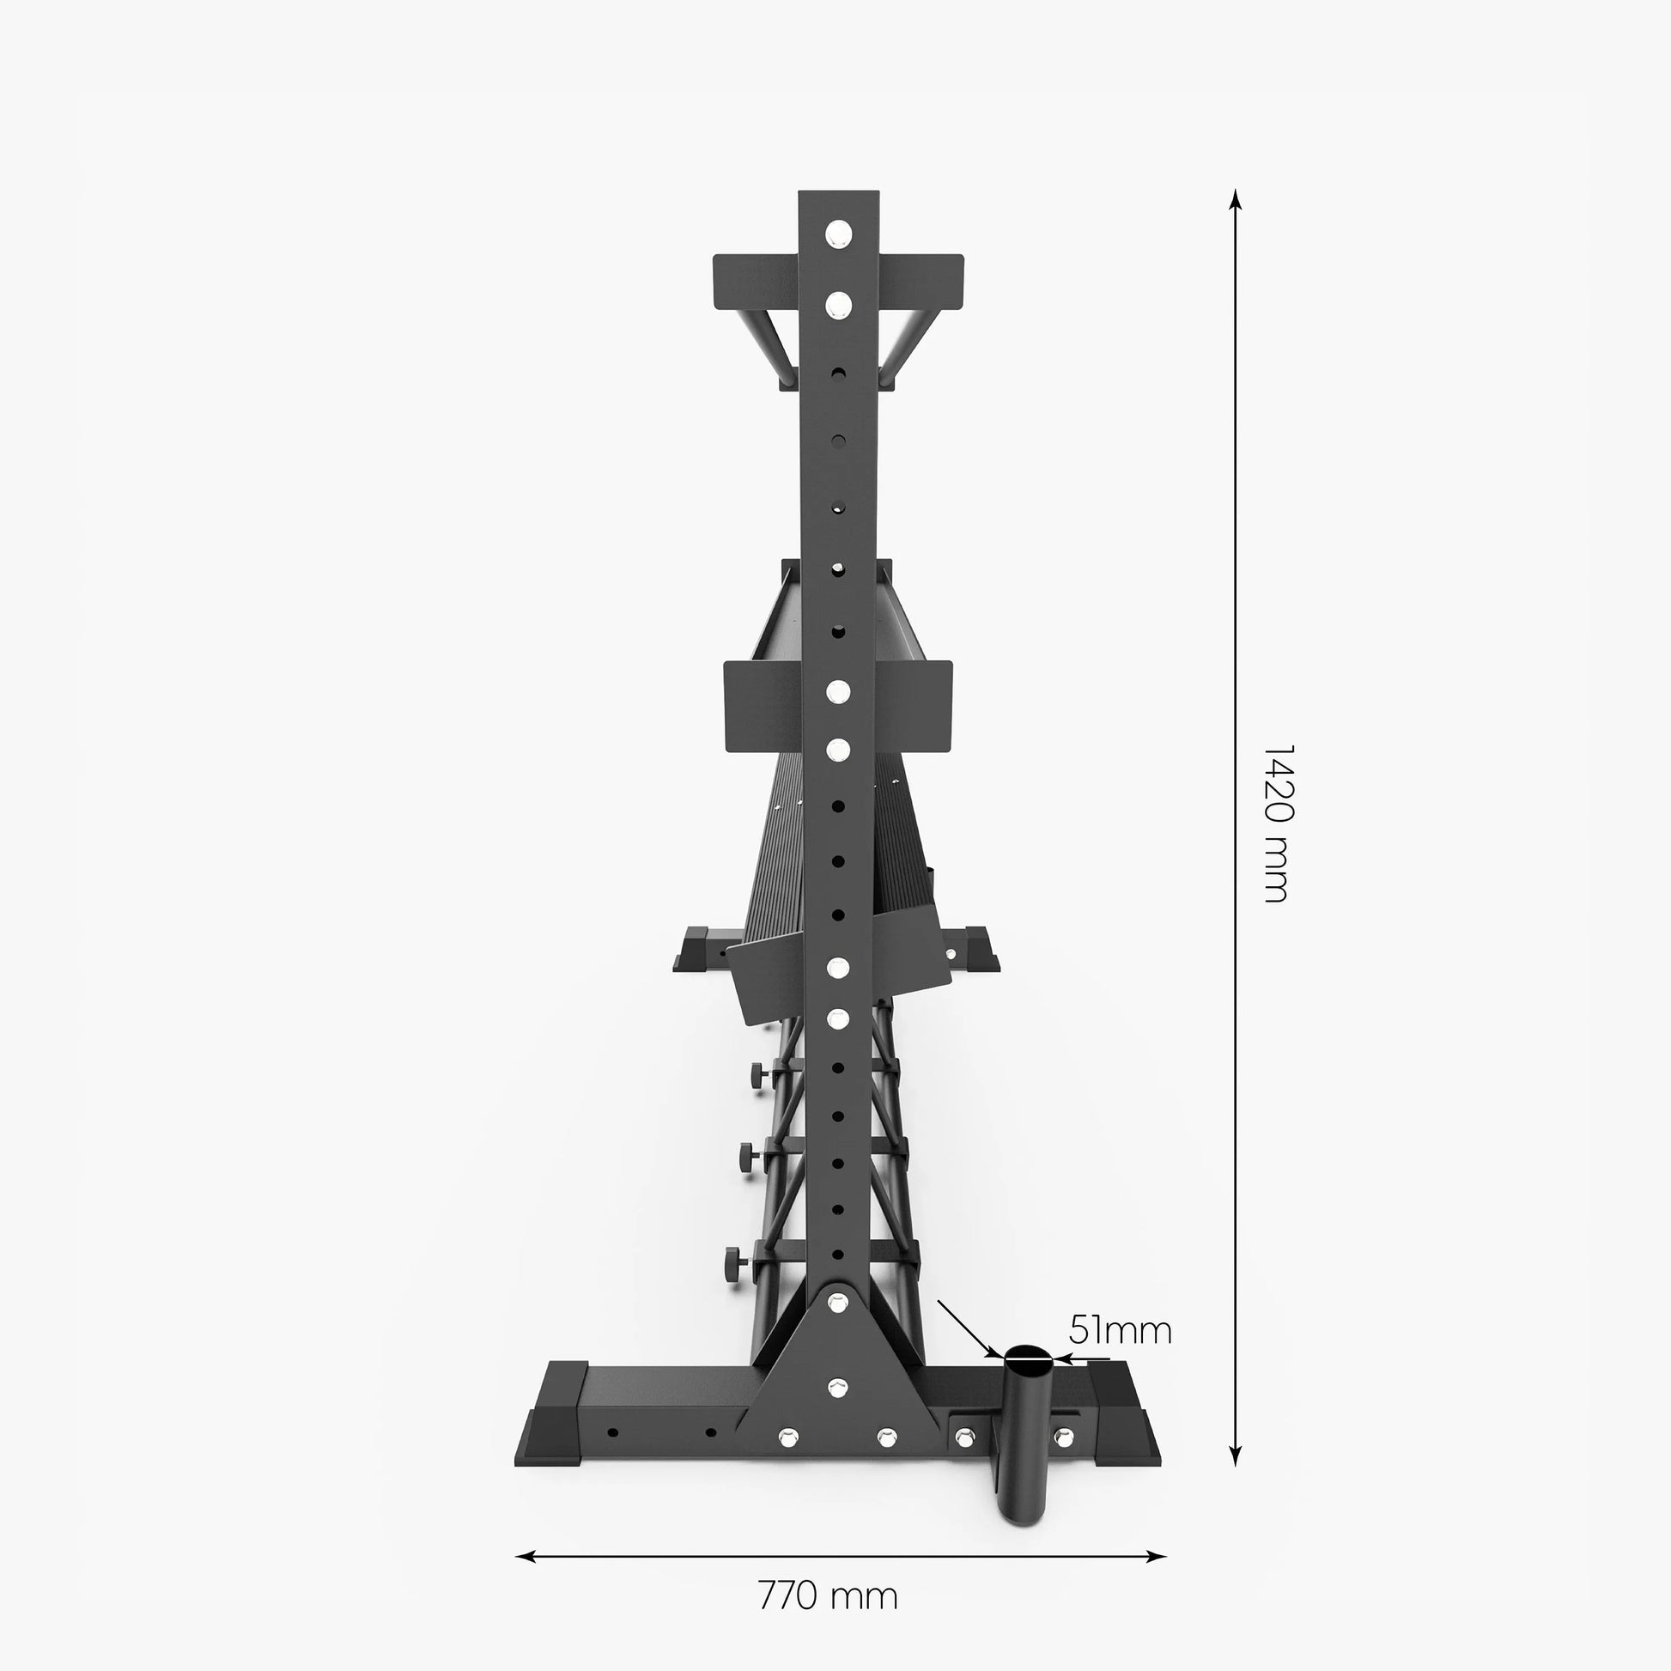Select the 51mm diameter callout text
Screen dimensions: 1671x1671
[x=1120, y=1330]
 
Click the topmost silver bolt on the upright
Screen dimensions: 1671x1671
[x=838, y=234]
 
